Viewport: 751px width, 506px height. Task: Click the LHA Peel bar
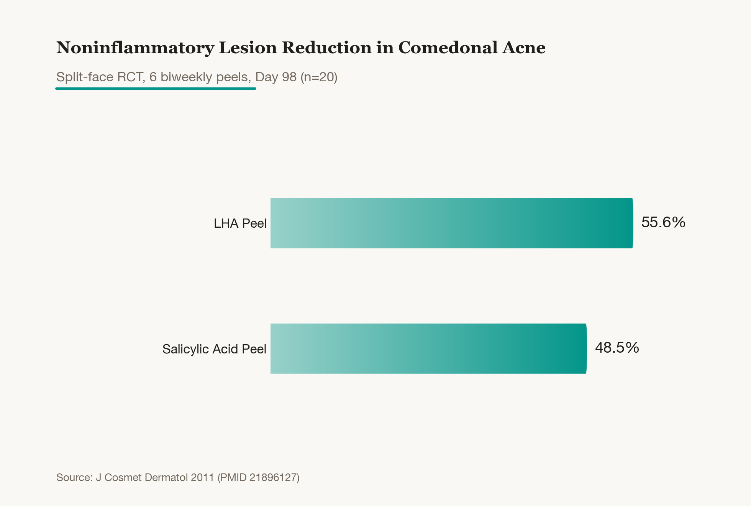click(x=452, y=223)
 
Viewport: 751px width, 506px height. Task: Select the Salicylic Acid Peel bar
click(x=429, y=348)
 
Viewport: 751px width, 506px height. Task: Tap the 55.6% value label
click(x=663, y=222)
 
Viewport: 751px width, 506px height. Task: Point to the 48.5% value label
click(x=617, y=348)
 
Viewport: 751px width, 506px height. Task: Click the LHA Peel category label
click(x=240, y=223)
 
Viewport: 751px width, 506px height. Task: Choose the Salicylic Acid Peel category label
click(x=214, y=349)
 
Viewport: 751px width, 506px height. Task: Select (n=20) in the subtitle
click(x=319, y=77)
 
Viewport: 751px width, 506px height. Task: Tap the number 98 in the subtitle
click(x=289, y=77)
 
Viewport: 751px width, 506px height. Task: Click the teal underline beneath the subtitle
click(x=156, y=89)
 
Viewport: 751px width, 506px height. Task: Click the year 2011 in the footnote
click(x=202, y=478)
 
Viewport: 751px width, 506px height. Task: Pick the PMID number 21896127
click(x=274, y=478)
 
